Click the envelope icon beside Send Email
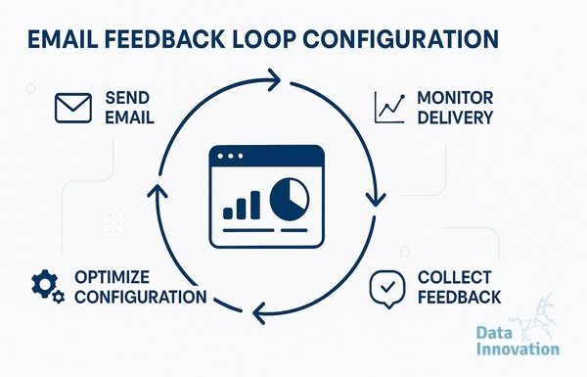click(73, 108)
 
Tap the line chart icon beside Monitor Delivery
click(389, 108)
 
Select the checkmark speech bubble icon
click(387, 289)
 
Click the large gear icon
click(44, 284)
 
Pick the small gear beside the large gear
click(59, 297)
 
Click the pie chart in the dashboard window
click(290, 199)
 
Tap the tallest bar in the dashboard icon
click(255, 205)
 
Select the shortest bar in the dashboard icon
click(228, 213)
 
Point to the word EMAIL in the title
click(63, 39)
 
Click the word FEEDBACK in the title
click(164, 39)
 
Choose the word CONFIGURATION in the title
click(401, 38)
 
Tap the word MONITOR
click(455, 98)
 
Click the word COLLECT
click(454, 278)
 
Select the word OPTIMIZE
click(112, 277)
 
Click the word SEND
click(127, 98)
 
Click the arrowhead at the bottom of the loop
click(259, 312)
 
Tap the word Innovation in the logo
click(518, 349)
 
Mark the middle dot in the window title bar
click(230, 156)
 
